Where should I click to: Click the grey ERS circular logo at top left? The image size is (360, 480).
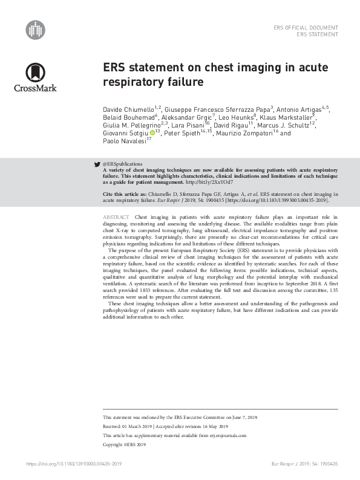[x=35, y=30]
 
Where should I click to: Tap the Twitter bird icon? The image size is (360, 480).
[x=97, y=164]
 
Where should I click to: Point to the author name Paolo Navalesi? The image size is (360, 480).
[x=123, y=141]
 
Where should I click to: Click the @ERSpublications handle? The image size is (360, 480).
[x=123, y=164]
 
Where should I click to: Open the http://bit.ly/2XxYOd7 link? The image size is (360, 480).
[x=209, y=181]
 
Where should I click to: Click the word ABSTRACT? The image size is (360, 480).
[x=116, y=216]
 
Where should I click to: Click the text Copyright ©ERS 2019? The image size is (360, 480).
[x=125, y=444]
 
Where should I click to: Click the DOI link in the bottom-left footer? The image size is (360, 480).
[x=74, y=463]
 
